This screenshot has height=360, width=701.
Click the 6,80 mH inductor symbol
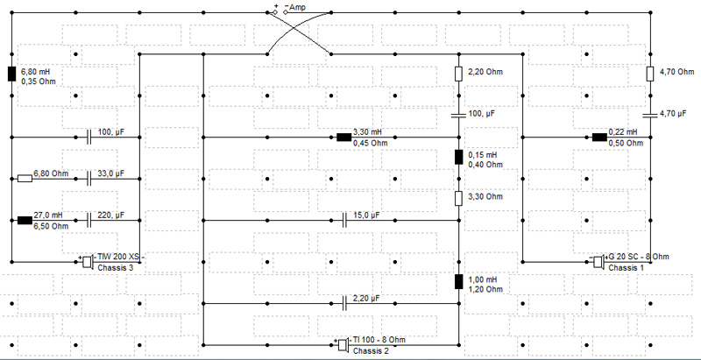[11, 74]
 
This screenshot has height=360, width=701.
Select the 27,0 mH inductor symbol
[25, 220]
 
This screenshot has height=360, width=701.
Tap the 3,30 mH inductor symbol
[343, 138]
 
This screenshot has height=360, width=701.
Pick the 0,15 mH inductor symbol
[458, 157]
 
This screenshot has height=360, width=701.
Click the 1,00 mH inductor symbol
[458, 282]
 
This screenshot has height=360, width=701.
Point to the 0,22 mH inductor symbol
[599, 138]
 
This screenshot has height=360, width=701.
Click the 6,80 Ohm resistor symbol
[25, 179]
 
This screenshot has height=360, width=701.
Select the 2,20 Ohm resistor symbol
[458, 74]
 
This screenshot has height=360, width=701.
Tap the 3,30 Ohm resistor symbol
[458, 198]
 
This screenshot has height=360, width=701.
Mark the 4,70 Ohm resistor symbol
[650, 74]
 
